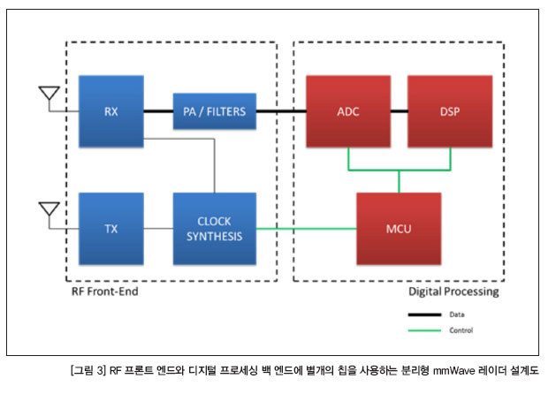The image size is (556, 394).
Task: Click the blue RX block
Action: point(111,111)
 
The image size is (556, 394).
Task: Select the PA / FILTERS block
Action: point(215,111)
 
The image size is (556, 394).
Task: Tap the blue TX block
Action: point(111,229)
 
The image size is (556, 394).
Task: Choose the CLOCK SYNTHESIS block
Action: point(215,229)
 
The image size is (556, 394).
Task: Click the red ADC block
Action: point(348,111)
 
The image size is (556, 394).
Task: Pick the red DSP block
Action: point(450,111)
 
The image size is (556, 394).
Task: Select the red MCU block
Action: point(399,229)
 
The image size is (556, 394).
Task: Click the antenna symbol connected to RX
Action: point(50,94)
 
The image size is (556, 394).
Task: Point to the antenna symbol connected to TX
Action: point(50,210)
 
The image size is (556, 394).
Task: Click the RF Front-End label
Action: point(105,292)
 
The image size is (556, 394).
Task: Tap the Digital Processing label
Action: point(453,292)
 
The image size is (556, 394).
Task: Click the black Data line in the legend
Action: point(424,314)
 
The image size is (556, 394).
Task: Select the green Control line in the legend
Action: point(424,330)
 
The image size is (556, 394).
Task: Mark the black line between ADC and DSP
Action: point(400,111)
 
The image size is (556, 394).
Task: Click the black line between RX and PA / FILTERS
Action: point(158,111)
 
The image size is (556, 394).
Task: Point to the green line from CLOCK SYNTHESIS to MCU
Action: point(307,229)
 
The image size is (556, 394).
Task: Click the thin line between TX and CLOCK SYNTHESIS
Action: point(158,229)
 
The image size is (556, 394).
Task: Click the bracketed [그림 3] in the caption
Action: point(88,371)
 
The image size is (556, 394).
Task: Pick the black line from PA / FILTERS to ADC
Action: point(281,111)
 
